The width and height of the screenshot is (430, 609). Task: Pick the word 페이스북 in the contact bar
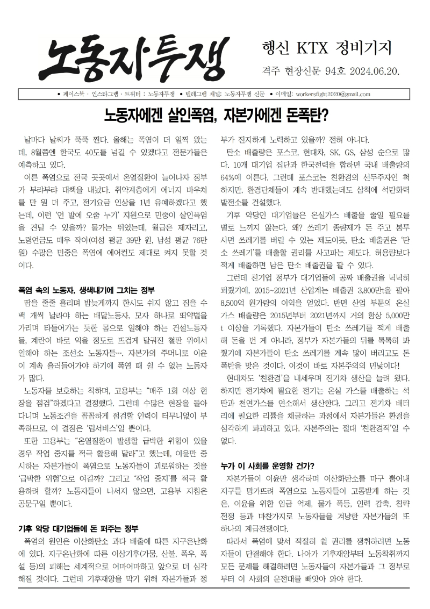pos(71,94)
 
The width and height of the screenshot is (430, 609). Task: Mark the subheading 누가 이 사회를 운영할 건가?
pos(268,465)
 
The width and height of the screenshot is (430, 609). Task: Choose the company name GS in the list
pos(349,153)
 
